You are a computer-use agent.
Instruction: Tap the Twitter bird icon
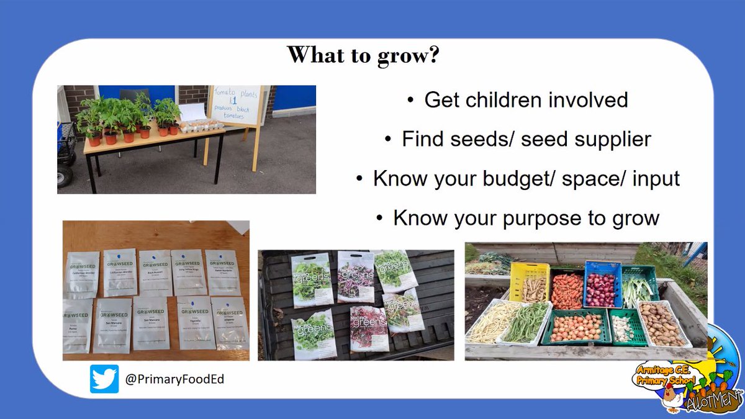104,379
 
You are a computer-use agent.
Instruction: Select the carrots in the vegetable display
566,291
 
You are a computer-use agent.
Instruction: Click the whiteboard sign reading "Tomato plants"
235,105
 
